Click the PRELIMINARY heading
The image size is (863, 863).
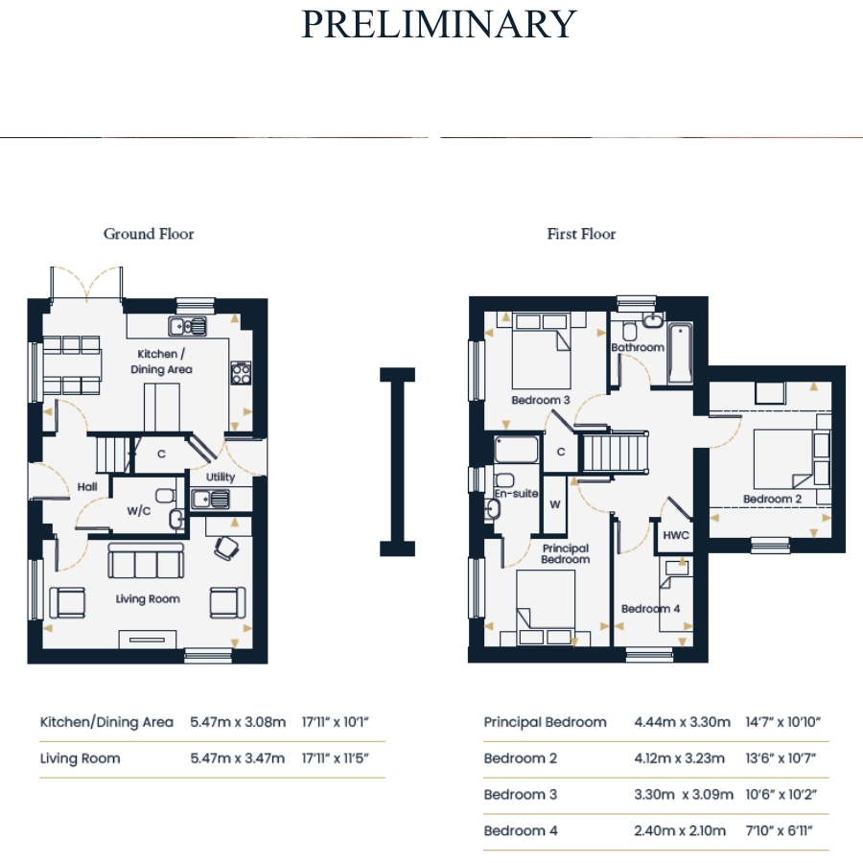click(438, 24)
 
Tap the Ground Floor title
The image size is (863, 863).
click(149, 234)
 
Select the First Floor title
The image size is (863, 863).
click(581, 234)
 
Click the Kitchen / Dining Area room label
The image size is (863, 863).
click(161, 362)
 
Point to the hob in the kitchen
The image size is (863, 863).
click(241, 373)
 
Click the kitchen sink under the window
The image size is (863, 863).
click(188, 326)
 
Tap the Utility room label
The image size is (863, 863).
click(221, 477)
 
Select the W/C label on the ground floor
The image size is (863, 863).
click(139, 511)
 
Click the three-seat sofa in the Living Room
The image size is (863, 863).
click(146, 561)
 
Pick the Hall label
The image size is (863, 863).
click(87, 486)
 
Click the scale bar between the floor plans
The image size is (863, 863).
click(397, 462)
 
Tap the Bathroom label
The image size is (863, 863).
click(638, 347)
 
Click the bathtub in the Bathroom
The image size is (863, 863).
click(680, 353)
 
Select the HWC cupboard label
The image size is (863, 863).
click(676, 535)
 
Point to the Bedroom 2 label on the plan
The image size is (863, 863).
click(772, 499)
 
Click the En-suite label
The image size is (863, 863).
click(516, 493)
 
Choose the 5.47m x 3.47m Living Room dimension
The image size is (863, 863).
click(238, 758)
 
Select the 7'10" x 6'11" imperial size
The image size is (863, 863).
click(779, 830)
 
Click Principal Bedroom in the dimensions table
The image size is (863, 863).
click(545, 722)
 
